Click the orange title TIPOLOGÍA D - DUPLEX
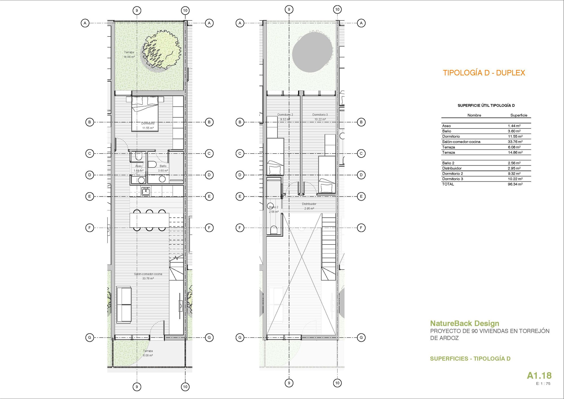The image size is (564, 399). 484,73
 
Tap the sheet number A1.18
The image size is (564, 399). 539,376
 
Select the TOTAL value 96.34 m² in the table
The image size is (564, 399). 515,184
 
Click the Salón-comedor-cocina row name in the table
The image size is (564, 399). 461,142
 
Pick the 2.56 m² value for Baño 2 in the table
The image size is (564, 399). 514,163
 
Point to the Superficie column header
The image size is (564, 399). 519,115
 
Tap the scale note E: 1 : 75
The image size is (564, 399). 543,383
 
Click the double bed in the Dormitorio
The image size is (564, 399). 145,114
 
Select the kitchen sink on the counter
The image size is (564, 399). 146,191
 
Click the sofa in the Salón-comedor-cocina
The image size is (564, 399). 124,304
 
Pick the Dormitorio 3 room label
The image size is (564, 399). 320,115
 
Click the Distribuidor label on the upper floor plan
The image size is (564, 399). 309,204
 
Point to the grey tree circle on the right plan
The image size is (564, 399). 312,52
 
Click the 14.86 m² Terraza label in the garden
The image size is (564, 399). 129,54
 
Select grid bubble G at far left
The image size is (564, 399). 90,337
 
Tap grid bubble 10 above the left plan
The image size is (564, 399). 185,11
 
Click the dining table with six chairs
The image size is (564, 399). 149,220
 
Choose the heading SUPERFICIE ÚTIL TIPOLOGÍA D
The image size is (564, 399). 486,105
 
